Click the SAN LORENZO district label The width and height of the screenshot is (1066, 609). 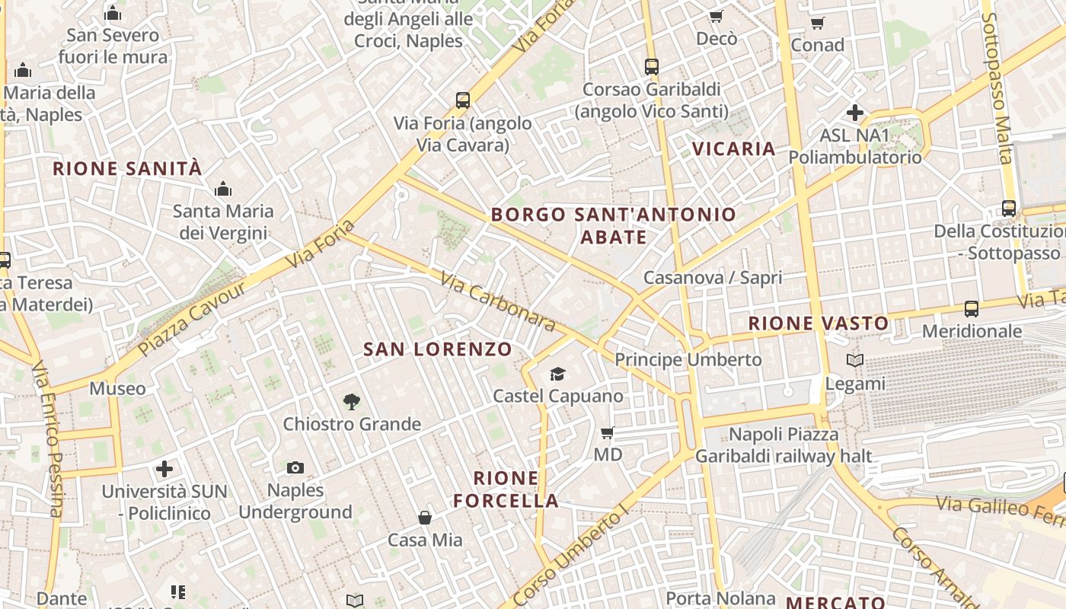(x=437, y=349)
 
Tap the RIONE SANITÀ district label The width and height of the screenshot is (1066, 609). (x=127, y=168)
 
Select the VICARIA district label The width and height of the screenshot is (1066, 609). (x=733, y=148)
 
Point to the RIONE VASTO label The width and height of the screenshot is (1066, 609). (x=818, y=324)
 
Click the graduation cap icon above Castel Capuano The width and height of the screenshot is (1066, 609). (x=558, y=374)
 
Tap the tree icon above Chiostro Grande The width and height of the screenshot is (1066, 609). (x=351, y=401)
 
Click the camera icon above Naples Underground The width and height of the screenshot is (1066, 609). (x=295, y=467)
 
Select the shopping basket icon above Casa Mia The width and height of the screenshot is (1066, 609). (x=425, y=518)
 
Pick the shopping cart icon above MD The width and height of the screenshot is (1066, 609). (x=607, y=432)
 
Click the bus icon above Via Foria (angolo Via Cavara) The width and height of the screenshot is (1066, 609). (x=462, y=100)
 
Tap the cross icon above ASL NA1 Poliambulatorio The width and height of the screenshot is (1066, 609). (x=854, y=113)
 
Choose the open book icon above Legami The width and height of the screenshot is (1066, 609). (x=855, y=360)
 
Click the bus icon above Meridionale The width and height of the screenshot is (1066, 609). (x=971, y=308)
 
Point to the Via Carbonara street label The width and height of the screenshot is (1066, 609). (x=498, y=301)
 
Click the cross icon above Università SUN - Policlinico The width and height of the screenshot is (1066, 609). (x=164, y=469)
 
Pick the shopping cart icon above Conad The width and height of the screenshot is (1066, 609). (x=817, y=23)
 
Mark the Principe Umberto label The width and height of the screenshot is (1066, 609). (x=688, y=359)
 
